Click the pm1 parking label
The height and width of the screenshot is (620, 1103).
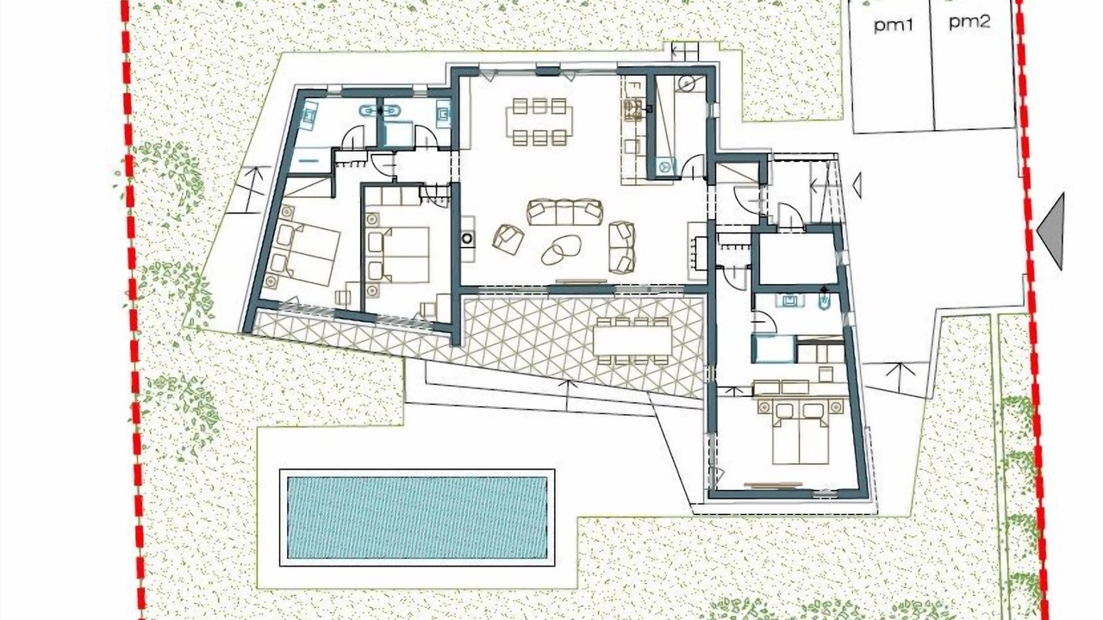tap(894, 25)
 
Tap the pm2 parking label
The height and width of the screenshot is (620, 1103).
tap(969, 22)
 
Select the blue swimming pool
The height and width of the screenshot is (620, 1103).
tap(417, 518)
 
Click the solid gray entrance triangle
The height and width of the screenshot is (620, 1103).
tap(1051, 232)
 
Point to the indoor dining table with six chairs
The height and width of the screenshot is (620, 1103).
tap(539, 122)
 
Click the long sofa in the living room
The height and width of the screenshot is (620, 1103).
tap(565, 212)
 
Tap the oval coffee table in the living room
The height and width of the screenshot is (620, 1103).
tap(561, 250)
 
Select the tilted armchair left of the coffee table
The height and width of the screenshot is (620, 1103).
tap(508, 239)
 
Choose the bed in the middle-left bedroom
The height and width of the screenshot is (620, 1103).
tap(399, 255)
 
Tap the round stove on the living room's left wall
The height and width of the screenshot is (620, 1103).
tap(467, 239)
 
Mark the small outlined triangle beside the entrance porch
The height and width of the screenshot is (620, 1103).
tap(857, 185)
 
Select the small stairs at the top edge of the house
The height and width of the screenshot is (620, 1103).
tap(685, 48)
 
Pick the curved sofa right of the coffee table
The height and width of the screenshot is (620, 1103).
tap(621, 247)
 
